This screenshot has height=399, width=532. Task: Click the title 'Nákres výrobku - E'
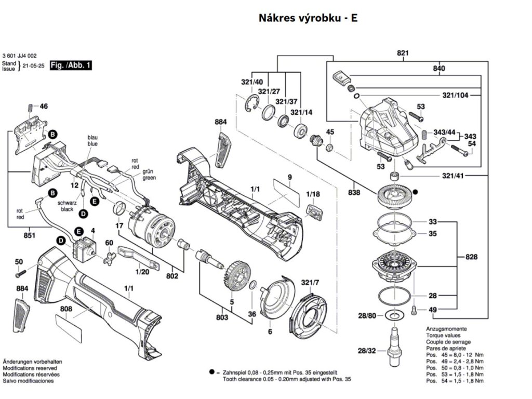(308, 18)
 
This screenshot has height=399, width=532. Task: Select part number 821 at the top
(403, 53)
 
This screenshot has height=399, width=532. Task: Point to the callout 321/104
(455, 96)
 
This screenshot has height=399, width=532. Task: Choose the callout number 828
(471, 257)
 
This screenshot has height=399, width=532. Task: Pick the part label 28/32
(366, 351)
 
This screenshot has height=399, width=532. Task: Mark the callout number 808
(66, 310)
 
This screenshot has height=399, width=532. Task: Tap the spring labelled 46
(30, 108)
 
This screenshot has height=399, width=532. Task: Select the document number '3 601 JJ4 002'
(19, 56)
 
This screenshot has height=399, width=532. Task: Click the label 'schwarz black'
(66, 206)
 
